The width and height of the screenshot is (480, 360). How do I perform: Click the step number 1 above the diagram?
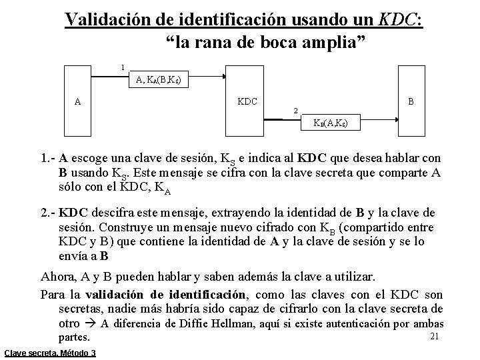123,67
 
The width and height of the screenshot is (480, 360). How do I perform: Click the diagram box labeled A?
78,102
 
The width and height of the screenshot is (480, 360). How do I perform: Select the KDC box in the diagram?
247,102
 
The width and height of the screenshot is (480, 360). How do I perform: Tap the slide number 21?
434,336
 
